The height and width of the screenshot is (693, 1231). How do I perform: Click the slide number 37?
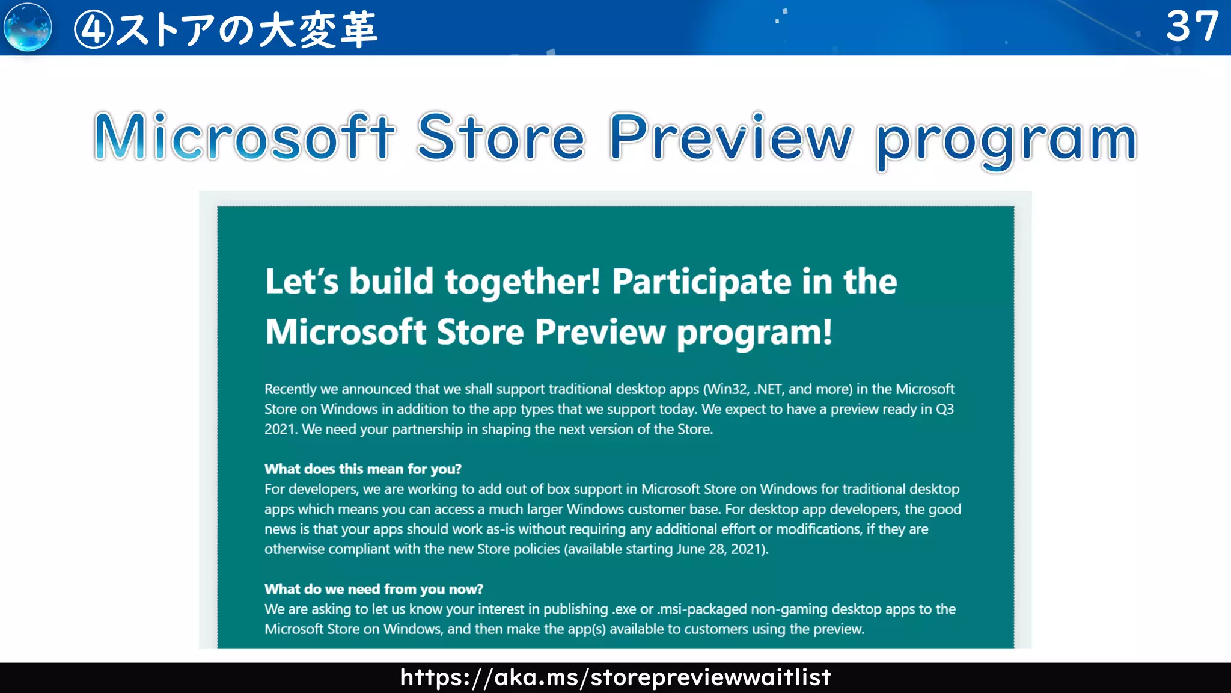[1192, 26]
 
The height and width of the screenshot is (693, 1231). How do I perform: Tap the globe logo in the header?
[28, 27]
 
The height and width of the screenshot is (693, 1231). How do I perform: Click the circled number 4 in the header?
[93, 29]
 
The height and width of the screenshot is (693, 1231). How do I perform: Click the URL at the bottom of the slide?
[615, 677]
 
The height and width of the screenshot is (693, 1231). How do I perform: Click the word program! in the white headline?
[754, 332]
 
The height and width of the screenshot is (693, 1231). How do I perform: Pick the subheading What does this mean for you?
[363, 469]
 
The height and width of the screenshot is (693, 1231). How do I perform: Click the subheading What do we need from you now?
[374, 589]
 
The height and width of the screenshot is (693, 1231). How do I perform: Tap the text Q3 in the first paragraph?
[945, 409]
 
